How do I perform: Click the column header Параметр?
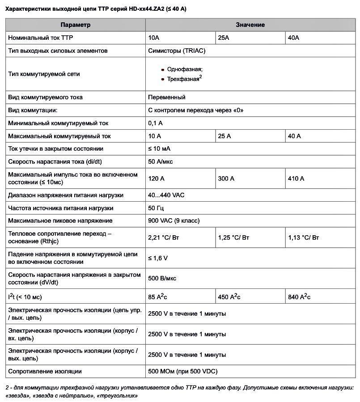[75, 25]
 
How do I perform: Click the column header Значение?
[250, 25]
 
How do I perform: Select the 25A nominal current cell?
[223, 38]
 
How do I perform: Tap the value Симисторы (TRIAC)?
[177, 51]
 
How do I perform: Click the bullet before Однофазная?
[163, 70]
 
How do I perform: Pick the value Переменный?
[166, 97]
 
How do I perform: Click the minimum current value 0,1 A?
[155, 123]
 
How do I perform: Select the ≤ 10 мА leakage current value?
[159, 149]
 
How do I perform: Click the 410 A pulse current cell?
[296, 179]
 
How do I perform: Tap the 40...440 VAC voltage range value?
[166, 195]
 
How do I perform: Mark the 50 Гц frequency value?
[156, 208]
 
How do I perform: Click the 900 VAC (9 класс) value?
[174, 221]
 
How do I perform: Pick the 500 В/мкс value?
[162, 279]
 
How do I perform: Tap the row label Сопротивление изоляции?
[45, 372]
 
